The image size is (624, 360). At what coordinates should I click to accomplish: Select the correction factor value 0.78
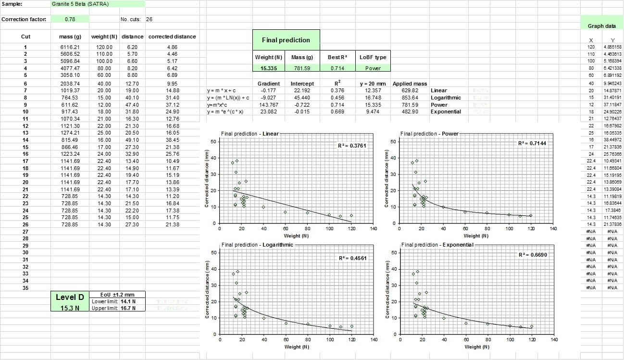pos(70,19)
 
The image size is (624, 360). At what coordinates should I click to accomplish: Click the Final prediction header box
pos(286,40)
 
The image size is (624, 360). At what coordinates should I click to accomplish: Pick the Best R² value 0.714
pos(338,68)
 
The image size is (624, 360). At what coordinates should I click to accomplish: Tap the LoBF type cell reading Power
pos(373,68)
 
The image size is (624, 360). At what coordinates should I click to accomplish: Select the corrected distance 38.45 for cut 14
pos(172,139)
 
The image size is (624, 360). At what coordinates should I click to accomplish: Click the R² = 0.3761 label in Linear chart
pos(353,145)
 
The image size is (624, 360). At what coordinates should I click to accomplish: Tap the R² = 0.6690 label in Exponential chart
pos(533,255)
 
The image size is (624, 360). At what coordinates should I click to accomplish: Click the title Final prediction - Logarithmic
pos(257,245)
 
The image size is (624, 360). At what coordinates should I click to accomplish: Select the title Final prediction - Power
pos(429,134)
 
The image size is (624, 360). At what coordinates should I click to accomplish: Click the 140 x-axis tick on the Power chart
pos(553,229)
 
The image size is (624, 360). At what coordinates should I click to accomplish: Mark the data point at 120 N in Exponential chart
pos(531,326)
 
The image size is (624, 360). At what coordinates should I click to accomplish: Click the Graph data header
pos(601,26)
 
